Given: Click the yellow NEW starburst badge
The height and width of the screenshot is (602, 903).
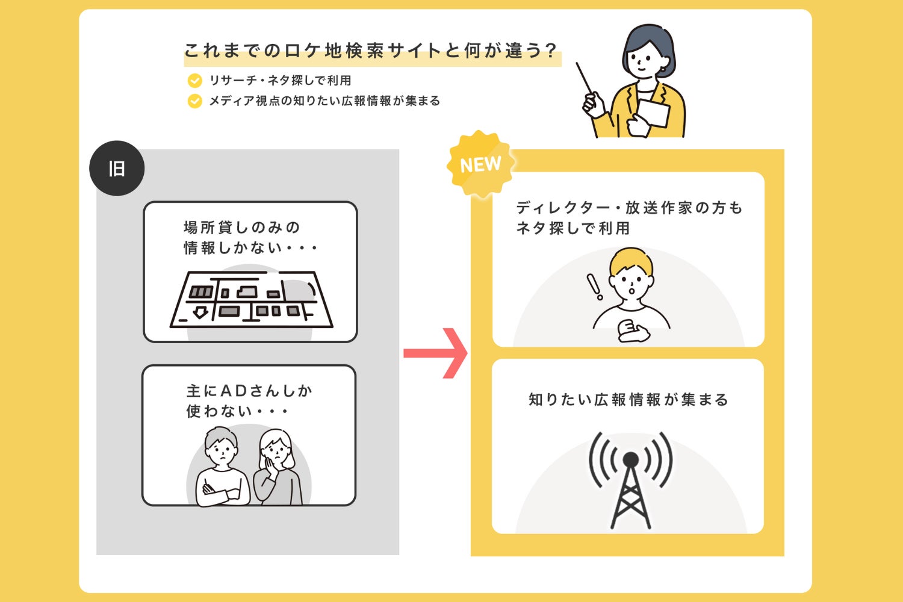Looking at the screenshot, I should tap(480, 164).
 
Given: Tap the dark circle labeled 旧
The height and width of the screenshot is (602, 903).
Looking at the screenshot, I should tap(117, 169).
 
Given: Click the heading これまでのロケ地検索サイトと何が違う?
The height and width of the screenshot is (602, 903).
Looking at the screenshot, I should tap(371, 51).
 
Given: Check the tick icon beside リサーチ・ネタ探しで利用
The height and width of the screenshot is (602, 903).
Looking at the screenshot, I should tap(194, 80).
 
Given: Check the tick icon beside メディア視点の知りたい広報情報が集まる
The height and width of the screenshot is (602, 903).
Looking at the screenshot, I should tap(194, 101).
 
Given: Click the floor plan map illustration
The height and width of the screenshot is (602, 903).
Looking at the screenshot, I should tap(252, 300).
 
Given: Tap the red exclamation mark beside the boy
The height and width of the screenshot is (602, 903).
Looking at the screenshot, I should tap(594, 287).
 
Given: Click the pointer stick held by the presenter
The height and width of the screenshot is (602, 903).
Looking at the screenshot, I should tap(585, 81).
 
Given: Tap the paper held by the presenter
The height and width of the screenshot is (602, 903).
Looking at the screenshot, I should tap(654, 113).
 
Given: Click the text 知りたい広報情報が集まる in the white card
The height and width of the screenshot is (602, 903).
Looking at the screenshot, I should tap(628, 400).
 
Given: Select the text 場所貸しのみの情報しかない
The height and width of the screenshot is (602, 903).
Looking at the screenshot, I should tap(249, 237).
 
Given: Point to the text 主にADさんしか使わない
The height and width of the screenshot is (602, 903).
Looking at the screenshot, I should tap(248, 401).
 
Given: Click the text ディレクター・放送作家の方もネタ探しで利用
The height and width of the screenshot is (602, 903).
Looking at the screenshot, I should tap(628, 218).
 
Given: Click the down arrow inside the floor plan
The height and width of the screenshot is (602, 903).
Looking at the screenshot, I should tap(200, 312).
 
